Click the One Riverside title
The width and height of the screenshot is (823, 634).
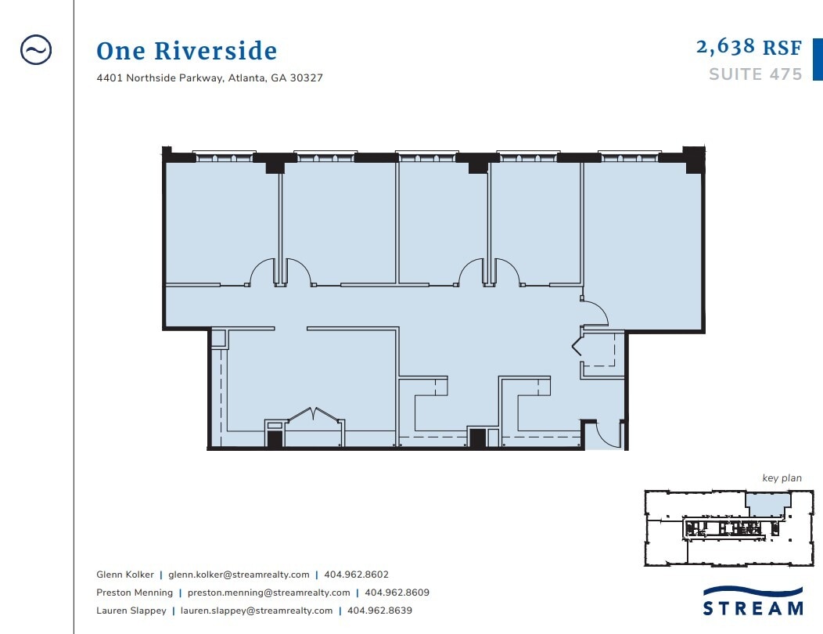pos(186,52)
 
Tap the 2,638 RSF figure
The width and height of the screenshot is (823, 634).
pos(749,47)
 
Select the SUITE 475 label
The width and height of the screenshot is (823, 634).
pos(755,74)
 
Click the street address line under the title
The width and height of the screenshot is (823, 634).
pos(210,78)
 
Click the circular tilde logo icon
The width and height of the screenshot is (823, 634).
pos(35,50)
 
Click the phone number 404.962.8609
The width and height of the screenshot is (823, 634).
pos(397,593)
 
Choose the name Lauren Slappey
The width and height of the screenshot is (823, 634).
pos(131,611)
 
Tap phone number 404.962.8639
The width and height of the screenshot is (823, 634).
pos(379,611)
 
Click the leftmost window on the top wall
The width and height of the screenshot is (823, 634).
pos(224,157)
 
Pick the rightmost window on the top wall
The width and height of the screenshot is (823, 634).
pos(630,157)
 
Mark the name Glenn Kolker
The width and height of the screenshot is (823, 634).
pos(125,575)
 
